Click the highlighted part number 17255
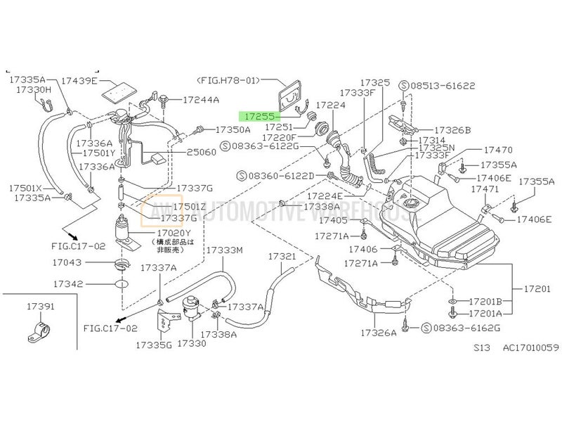click(258, 115)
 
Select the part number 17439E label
click(79, 81)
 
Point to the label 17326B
click(452, 130)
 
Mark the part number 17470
click(498, 150)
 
